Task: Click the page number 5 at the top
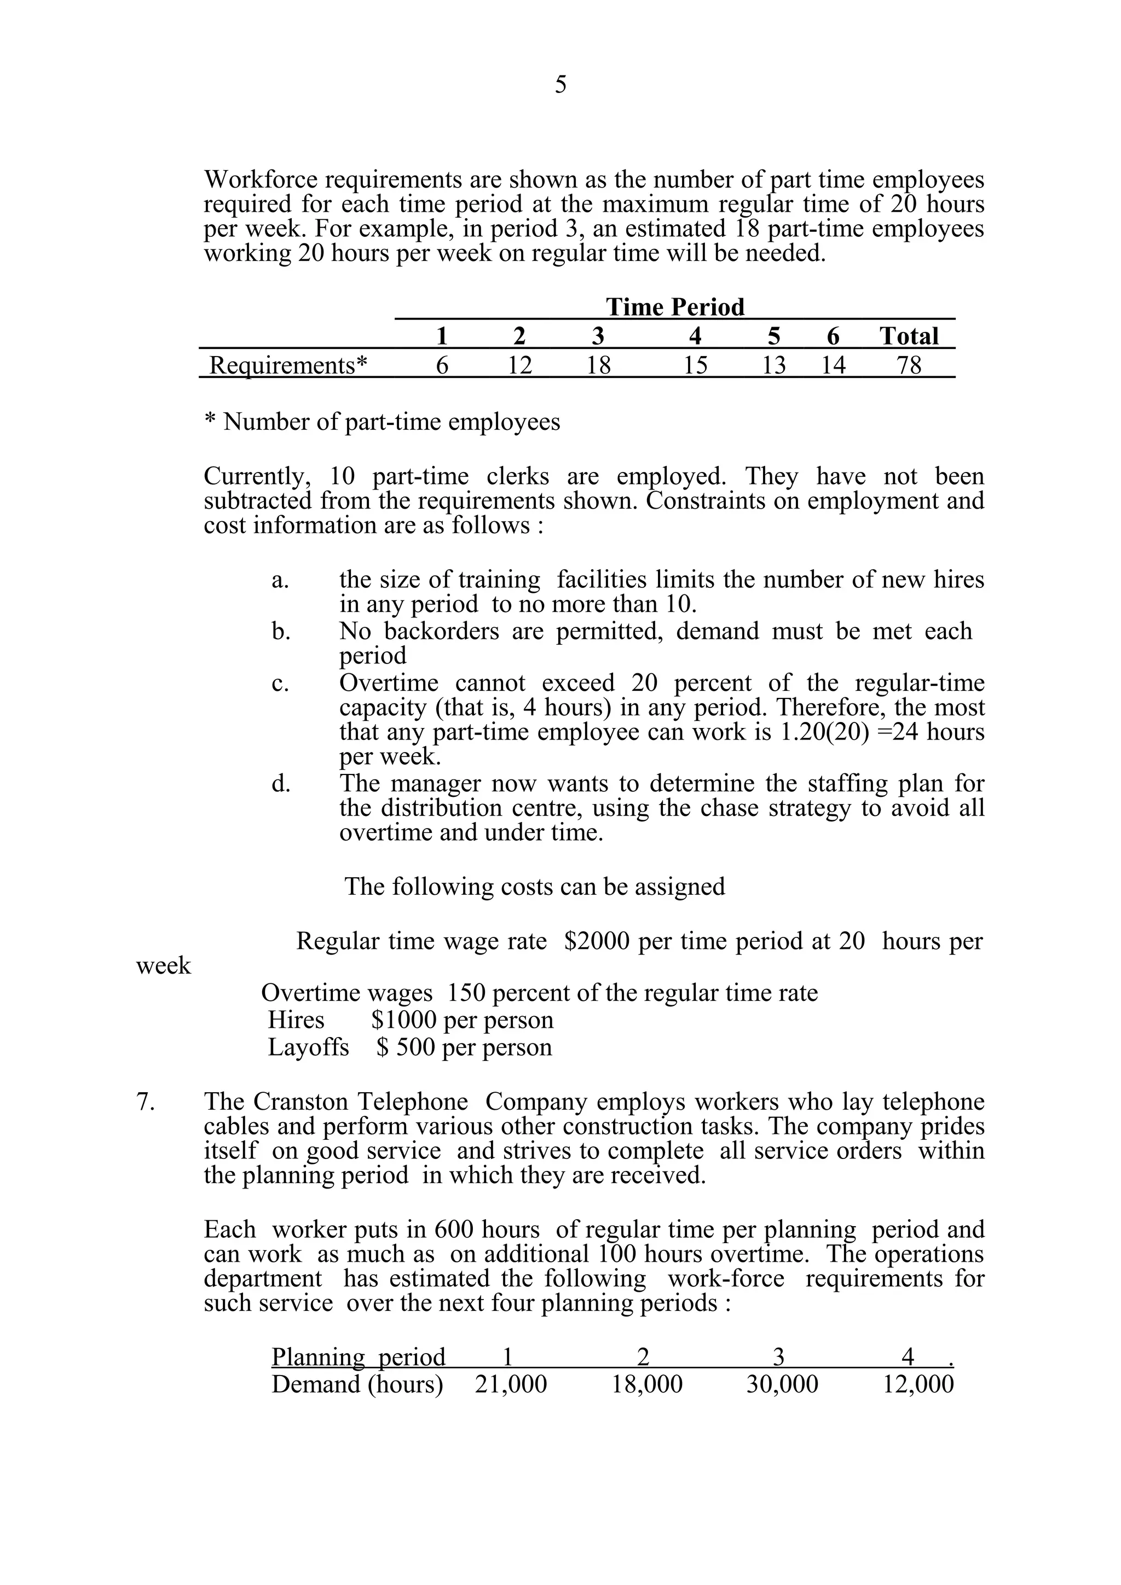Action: click(x=560, y=85)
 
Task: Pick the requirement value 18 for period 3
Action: click(x=598, y=364)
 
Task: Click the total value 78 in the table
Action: click(x=909, y=364)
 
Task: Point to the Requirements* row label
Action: click(x=288, y=364)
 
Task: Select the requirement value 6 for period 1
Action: click(x=442, y=364)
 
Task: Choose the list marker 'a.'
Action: click(x=280, y=580)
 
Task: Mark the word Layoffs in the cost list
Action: click(x=308, y=1047)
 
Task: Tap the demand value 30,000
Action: click(x=782, y=1384)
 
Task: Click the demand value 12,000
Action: click(x=918, y=1384)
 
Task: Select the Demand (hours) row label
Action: click(x=357, y=1384)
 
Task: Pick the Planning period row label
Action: click(x=359, y=1357)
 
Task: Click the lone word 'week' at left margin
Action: click(x=163, y=966)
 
